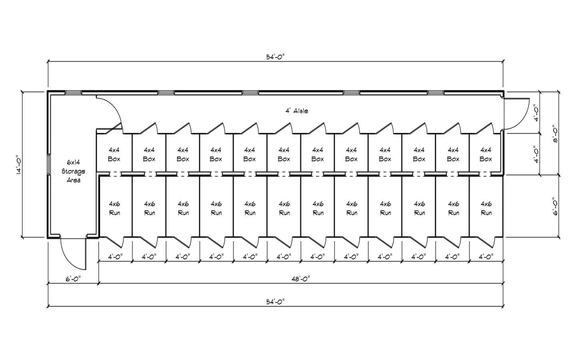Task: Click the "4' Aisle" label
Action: pos(297,110)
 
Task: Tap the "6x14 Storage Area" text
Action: pos(73,171)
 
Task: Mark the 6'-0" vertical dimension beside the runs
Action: pos(556,206)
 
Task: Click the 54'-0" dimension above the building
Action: pos(275,57)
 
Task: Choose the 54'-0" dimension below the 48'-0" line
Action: pos(275,302)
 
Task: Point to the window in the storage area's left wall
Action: pos(48,164)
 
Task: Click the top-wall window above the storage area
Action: pos(73,93)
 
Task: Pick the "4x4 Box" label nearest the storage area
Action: pos(114,154)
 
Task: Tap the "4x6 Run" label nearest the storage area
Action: pos(115,208)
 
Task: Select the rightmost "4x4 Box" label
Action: pos(486,154)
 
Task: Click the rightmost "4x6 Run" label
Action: pos(486,208)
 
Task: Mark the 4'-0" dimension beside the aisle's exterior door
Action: pos(535,112)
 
